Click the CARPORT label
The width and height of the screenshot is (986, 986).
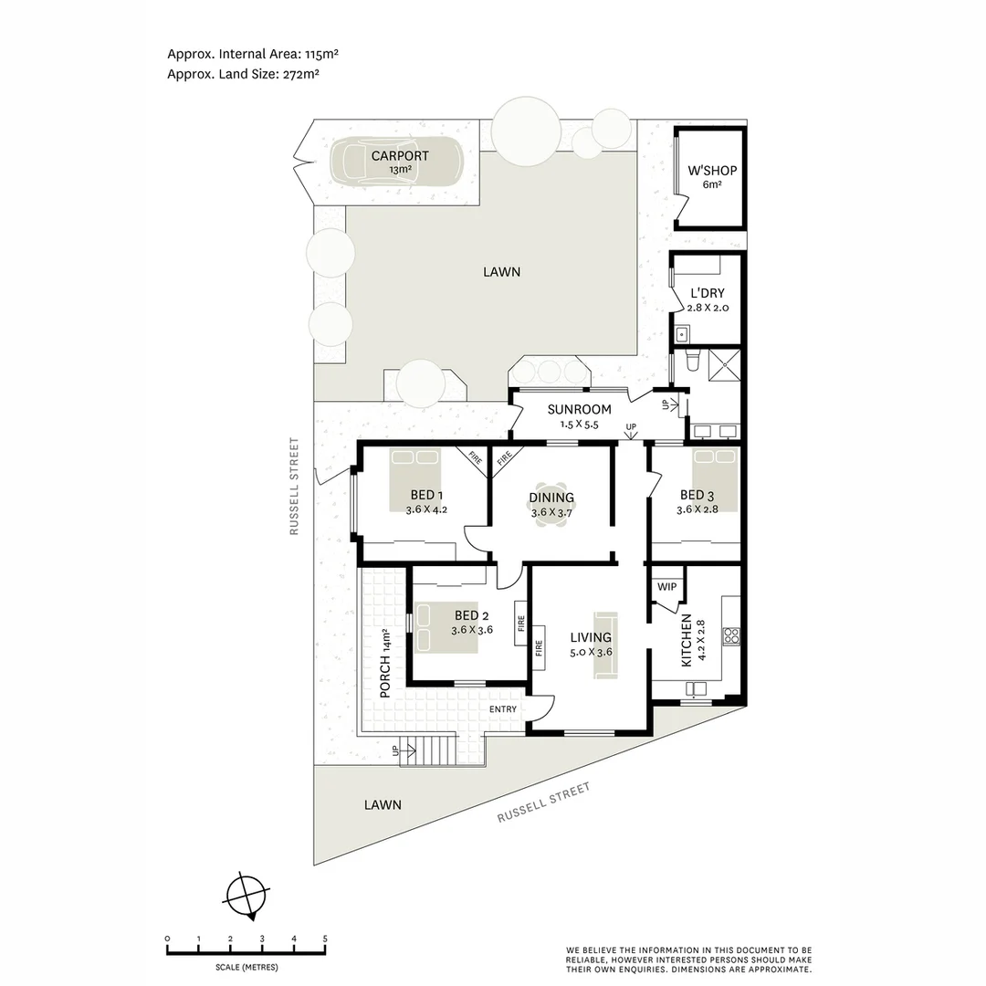(x=400, y=156)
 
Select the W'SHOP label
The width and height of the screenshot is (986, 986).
(x=712, y=171)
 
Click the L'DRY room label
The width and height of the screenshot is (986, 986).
(x=708, y=293)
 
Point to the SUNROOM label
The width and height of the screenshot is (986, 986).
(x=579, y=410)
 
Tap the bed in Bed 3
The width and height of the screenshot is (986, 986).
(x=715, y=481)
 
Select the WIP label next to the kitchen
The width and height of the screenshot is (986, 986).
(x=667, y=587)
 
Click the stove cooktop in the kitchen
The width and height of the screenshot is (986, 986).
(x=731, y=635)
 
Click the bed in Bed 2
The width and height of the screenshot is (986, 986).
(x=443, y=627)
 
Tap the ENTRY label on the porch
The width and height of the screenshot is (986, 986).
(x=503, y=709)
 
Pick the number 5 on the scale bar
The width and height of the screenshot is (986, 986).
(x=325, y=939)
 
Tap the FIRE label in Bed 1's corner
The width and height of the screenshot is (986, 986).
(x=475, y=456)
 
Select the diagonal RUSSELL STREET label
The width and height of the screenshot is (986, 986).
(x=544, y=802)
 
